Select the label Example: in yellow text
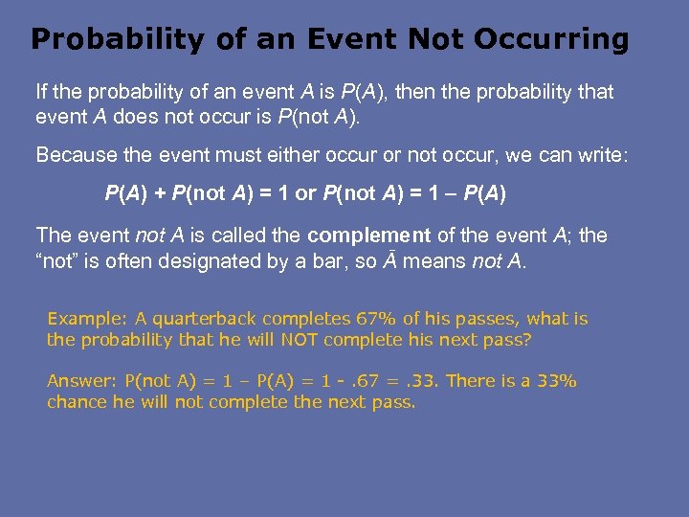pos(80,319)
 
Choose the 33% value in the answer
pos(556,381)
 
